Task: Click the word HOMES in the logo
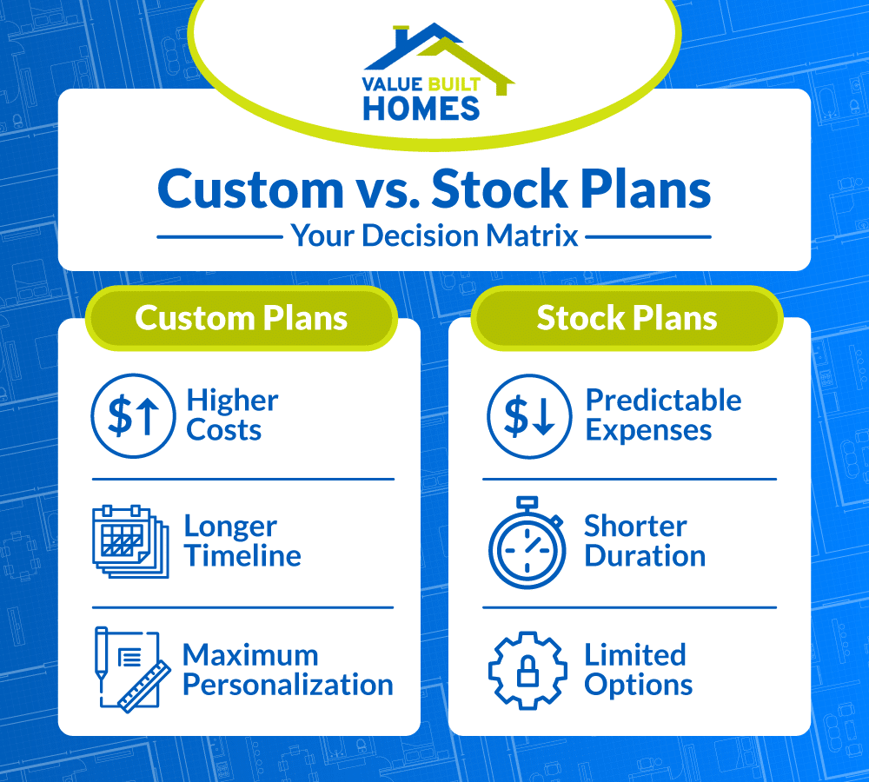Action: tap(421, 108)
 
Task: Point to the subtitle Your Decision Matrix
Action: tap(434, 235)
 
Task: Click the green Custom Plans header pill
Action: tap(241, 318)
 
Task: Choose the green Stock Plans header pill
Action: tap(627, 318)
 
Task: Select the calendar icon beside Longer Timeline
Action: tap(123, 541)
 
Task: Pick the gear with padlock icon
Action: tap(527, 670)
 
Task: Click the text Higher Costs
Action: tap(232, 415)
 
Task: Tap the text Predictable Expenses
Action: tap(663, 415)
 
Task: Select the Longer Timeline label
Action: tap(242, 540)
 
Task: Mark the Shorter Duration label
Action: tap(644, 540)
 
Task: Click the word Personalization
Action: tap(288, 685)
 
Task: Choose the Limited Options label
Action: tap(638, 669)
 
